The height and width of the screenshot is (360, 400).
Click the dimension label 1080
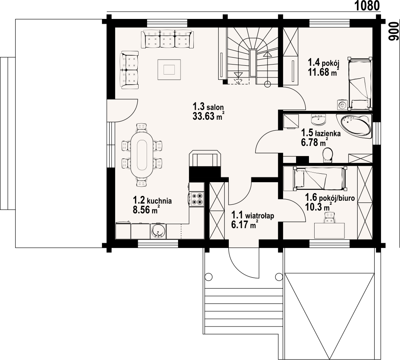(367, 6)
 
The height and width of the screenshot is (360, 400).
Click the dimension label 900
(393, 31)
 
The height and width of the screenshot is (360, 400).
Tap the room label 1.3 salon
(208, 106)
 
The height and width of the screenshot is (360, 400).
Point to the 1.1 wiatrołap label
(253, 215)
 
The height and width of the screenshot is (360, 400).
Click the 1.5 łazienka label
(321, 133)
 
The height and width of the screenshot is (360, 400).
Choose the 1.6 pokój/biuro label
(330, 198)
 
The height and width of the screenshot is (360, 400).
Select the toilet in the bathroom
(327, 155)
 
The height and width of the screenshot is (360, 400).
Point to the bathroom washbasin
(318, 120)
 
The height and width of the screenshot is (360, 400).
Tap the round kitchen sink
(158, 231)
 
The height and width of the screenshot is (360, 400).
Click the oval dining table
(142, 155)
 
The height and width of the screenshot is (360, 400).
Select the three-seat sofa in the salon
(167, 39)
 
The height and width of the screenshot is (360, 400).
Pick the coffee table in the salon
(169, 69)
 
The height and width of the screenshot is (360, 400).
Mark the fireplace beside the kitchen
(205, 158)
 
